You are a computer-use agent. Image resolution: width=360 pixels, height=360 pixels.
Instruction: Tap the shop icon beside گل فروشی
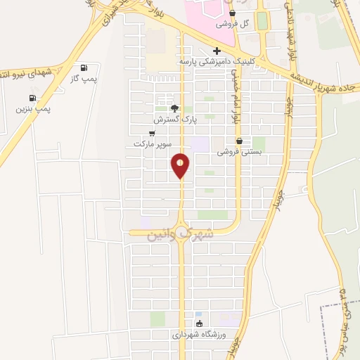(233, 13)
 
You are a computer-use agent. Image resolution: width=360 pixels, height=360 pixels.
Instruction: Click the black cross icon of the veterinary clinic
(217, 51)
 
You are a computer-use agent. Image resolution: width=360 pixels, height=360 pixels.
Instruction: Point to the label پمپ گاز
(83, 79)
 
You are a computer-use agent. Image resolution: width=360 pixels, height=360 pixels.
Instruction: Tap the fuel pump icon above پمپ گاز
(84, 67)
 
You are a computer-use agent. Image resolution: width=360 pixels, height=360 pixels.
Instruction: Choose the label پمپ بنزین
(34, 109)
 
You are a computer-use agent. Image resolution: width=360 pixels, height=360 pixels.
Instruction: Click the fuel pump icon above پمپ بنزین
(32, 98)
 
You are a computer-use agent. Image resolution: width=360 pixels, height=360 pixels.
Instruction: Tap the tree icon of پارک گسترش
(174, 109)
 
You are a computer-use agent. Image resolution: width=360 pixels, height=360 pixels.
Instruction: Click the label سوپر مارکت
(153, 143)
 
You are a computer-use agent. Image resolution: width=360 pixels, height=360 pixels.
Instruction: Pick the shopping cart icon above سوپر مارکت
(152, 133)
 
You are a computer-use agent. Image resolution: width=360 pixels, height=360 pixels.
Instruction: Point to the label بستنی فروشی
(239, 151)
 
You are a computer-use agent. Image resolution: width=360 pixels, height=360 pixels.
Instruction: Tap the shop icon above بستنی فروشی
(240, 141)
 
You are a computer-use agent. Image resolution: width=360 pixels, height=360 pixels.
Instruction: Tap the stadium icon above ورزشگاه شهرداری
(200, 324)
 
